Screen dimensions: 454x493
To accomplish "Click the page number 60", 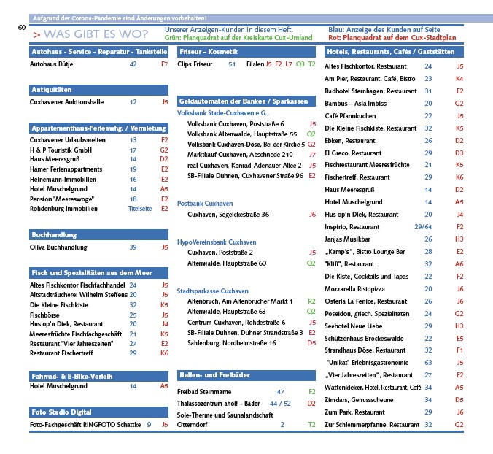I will [x=21, y=28].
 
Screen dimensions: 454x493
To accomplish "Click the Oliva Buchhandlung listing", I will [x=57, y=247].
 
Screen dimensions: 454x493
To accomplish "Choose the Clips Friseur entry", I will [x=195, y=64].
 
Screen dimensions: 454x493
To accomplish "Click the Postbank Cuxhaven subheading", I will [x=206, y=202].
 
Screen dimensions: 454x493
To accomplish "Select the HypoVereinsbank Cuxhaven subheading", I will [x=217, y=242].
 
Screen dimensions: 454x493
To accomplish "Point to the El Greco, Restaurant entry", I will [x=353, y=153].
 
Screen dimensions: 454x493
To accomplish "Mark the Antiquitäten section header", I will [x=50, y=90].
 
